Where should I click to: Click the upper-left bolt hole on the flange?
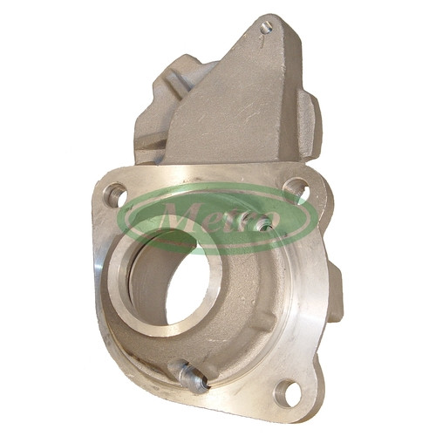click(x=115, y=194)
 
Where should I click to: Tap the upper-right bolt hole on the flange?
click(x=296, y=188)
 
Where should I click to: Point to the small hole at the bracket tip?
click(x=266, y=28)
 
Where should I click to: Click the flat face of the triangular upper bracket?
click(x=233, y=111)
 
